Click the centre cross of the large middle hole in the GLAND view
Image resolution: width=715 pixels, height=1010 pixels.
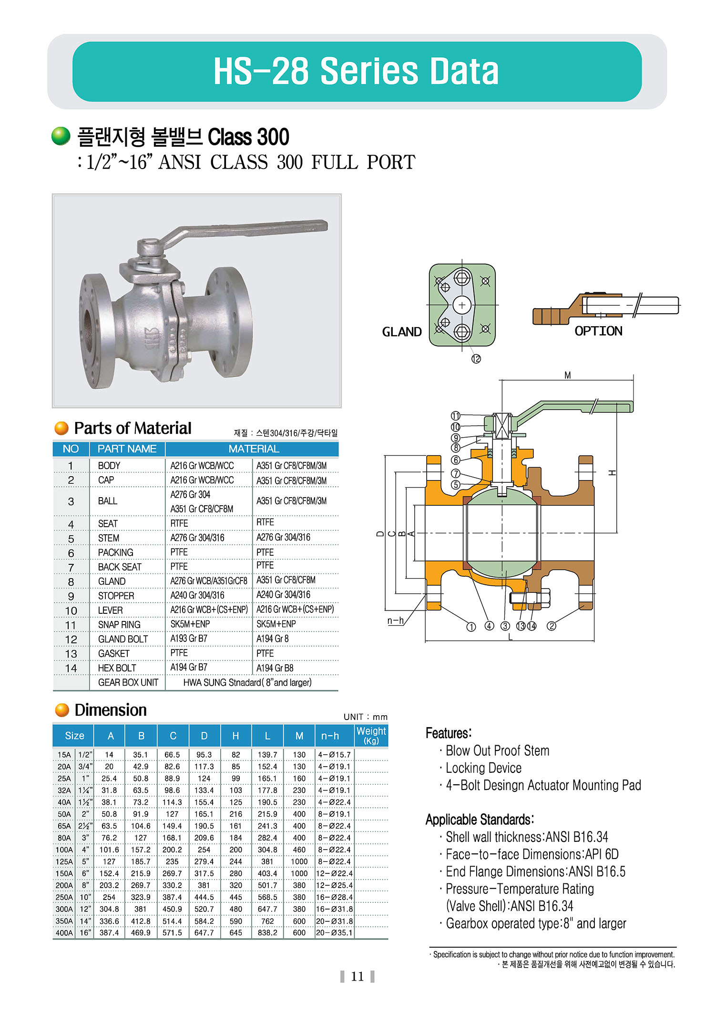click(x=462, y=305)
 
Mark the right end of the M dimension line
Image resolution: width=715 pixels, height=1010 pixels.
click(x=633, y=380)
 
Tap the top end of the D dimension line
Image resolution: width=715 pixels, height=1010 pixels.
click(x=385, y=456)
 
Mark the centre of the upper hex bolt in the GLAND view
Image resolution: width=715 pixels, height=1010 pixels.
click(x=462, y=278)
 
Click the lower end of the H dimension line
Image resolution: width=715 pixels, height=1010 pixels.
click(x=617, y=533)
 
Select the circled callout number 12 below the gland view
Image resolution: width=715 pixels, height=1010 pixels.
click(x=476, y=359)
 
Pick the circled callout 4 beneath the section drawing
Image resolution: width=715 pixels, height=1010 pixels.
click(x=489, y=626)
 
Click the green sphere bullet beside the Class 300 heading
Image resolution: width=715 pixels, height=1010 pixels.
click(x=61, y=136)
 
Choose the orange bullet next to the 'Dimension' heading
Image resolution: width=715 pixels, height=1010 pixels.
click(x=62, y=710)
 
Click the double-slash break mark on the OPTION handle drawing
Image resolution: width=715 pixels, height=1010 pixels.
click(x=637, y=305)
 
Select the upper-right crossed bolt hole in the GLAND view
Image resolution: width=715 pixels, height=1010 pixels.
click(x=485, y=281)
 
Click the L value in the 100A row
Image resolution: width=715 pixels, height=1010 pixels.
click(x=267, y=850)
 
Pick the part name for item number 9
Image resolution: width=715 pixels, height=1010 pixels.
click(x=116, y=596)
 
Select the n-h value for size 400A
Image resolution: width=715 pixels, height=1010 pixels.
click(x=334, y=932)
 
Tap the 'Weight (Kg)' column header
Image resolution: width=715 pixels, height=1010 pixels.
click(x=371, y=735)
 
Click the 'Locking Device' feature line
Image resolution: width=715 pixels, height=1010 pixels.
click(x=483, y=768)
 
